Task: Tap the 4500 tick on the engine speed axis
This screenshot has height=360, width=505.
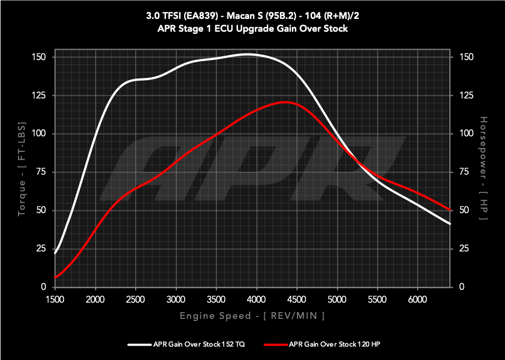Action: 296,299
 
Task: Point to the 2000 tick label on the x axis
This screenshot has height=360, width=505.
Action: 96,299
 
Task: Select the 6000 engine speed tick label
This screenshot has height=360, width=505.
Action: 417,299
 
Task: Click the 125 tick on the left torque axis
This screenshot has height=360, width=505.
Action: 42,96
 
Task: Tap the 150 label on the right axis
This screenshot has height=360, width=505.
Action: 466,57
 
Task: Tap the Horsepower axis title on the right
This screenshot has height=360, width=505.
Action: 483,167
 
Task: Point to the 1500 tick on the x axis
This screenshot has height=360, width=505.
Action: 55,299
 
